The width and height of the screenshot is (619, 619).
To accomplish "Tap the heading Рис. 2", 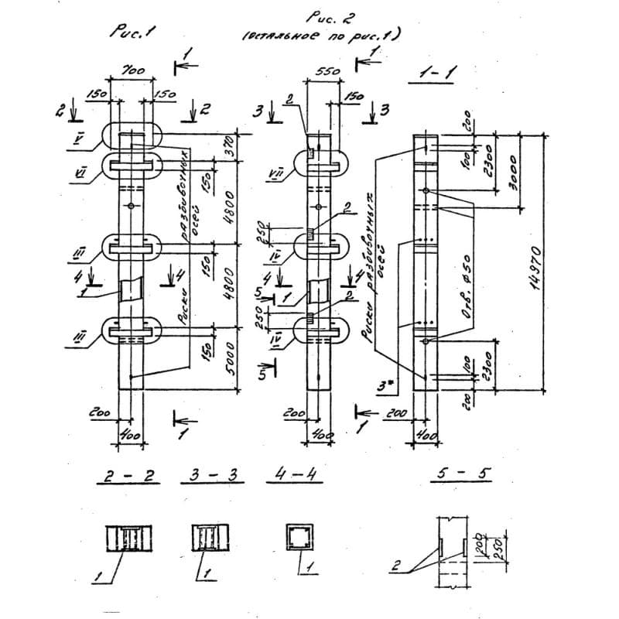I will coord(324,19).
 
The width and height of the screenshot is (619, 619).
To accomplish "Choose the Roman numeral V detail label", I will coord(79,142).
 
